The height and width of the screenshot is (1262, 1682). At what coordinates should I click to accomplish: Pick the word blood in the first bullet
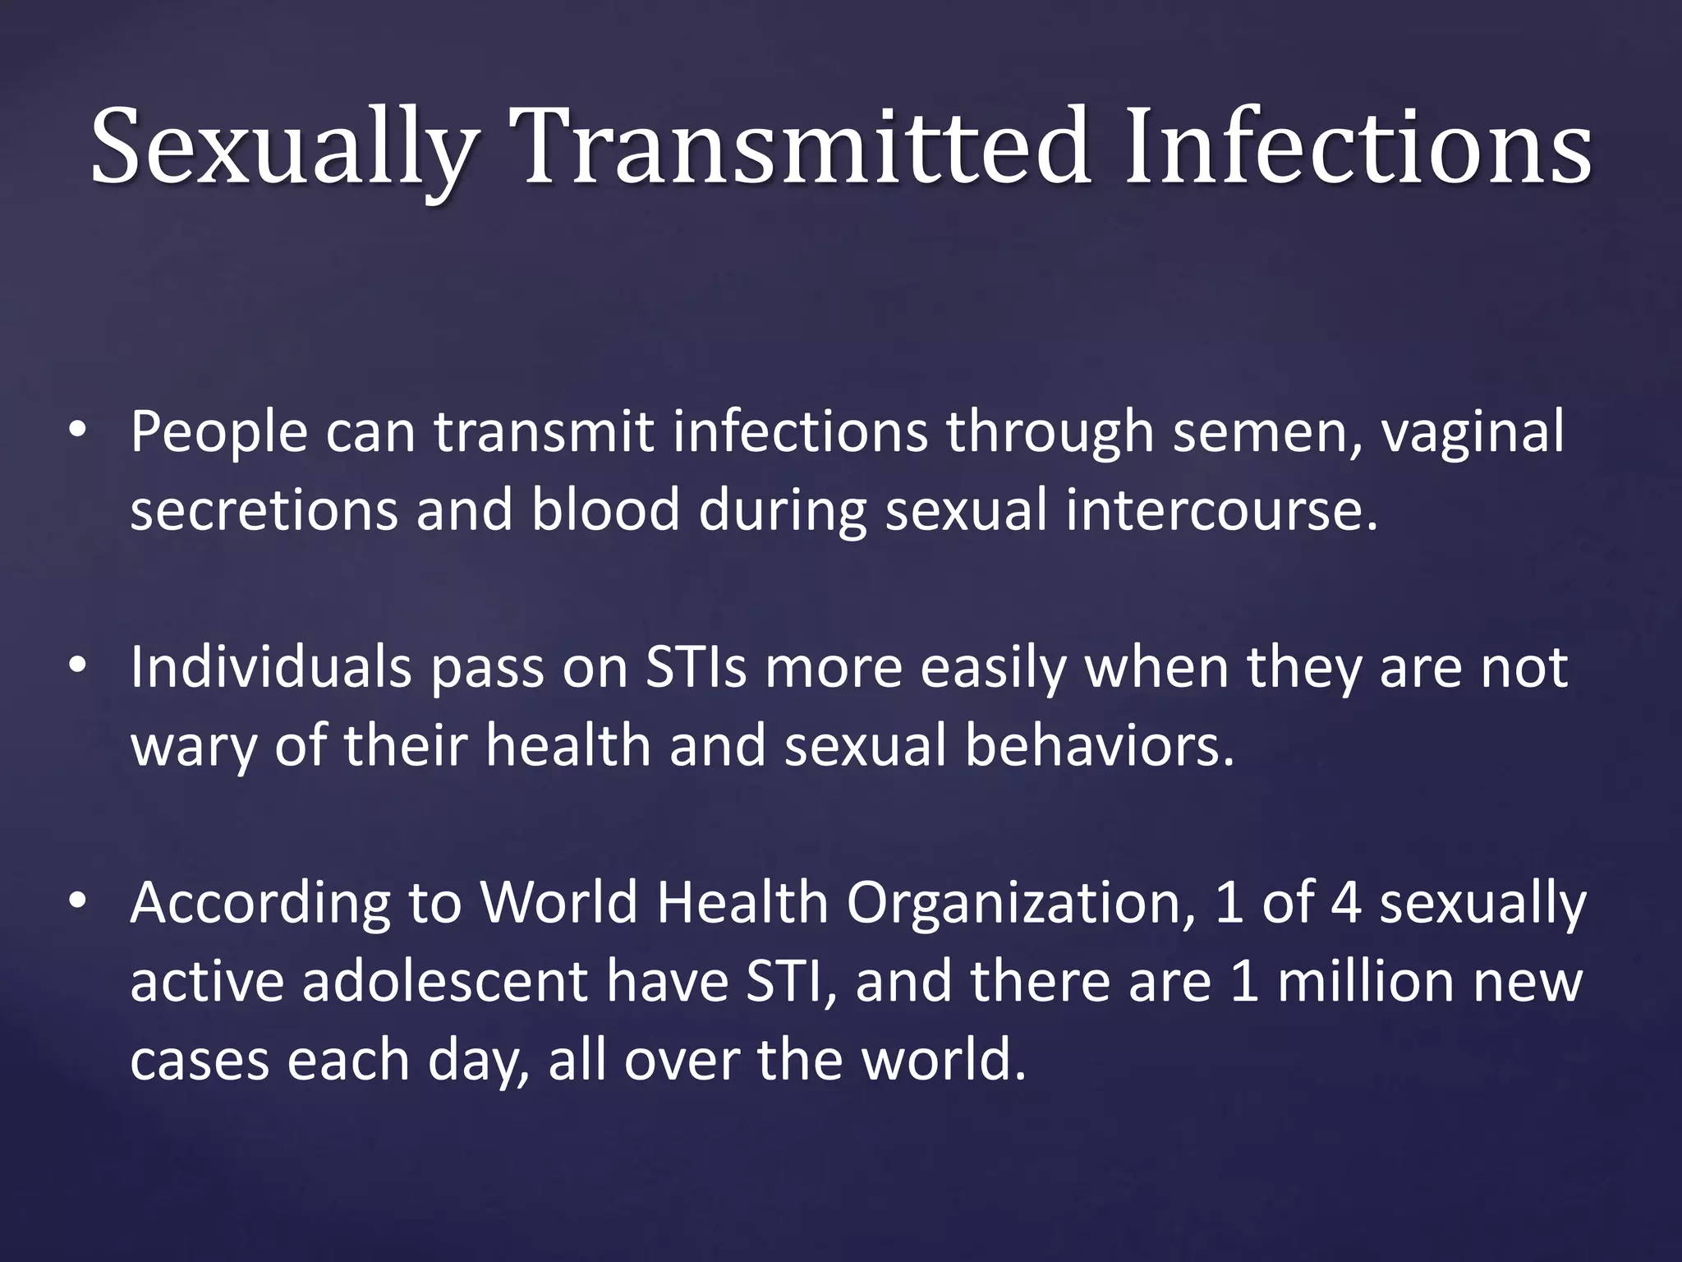click(x=605, y=509)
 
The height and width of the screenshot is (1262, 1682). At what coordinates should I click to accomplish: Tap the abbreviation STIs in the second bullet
click(x=696, y=666)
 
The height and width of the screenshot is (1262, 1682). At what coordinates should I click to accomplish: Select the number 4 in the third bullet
click(x=1345, y=902)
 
